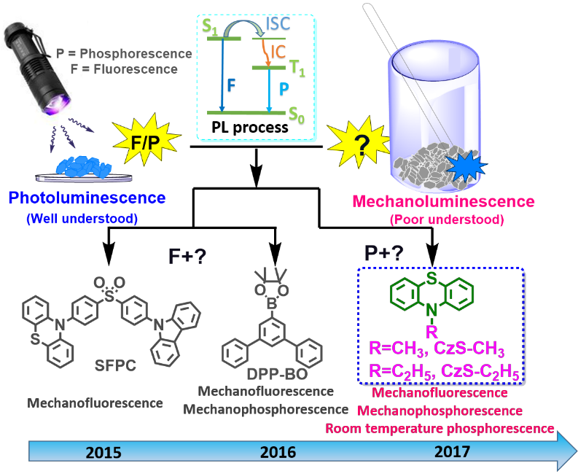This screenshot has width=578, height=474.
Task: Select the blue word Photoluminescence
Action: coord(87,198)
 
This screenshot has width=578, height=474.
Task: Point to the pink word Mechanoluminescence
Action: coord(455,202)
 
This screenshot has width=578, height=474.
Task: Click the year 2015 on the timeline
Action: coord(104,451)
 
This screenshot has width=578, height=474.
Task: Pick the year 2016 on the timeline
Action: coord(278,451)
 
